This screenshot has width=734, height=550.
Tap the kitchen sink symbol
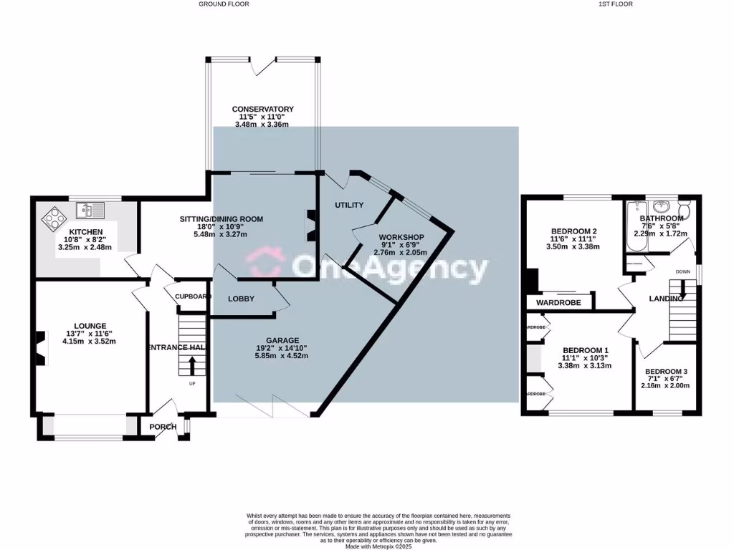click(x=90, y=210)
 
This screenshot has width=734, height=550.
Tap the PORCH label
click(x=163, y=427)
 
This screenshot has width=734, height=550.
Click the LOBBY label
click(x=241, y=299)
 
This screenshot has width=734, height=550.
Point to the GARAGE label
click(x=282, y=340)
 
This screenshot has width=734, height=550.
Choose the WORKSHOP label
click(x=401, y=237)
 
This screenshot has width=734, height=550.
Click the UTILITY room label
click(x=349, y=205)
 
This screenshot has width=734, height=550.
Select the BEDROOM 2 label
click(x=574, y=231)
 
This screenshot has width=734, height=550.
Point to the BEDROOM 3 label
click(x=666, y=372)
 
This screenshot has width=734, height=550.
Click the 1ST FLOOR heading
click(x=616, y=4)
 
